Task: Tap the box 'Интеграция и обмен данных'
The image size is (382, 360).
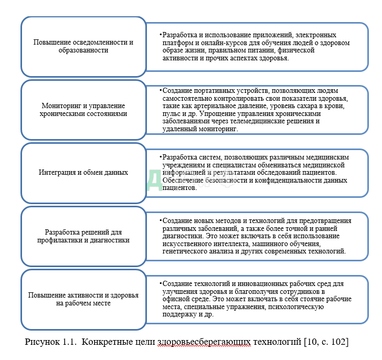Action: (x=83, y=172)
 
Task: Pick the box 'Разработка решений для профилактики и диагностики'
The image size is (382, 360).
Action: (x=83, y=236)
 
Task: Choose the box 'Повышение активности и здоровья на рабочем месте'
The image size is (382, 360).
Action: (x=83, y=299)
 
